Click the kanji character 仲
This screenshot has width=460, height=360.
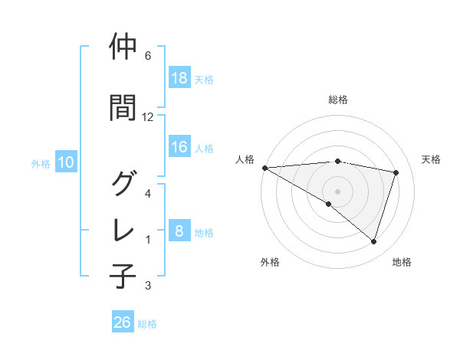point(124,47)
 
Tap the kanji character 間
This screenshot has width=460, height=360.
point(124,107)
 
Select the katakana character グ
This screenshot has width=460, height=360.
point(124,184)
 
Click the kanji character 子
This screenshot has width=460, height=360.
point(124,276)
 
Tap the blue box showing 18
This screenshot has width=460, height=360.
point(179,79)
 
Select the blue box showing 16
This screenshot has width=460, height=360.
point(179,148)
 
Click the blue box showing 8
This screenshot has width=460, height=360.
point(179,232)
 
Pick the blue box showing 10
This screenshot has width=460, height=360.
point(65,162)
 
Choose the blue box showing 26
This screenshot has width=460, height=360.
point(123,322)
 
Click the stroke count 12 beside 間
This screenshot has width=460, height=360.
point(147,117)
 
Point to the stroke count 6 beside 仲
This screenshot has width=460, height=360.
point(147,56)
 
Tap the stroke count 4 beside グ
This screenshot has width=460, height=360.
point(147,194)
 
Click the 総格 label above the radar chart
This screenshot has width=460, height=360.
point(338,100)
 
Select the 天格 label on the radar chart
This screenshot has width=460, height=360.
point(431,159)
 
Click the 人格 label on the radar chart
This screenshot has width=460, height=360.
point(245,159)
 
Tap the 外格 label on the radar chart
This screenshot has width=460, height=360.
point(270,262)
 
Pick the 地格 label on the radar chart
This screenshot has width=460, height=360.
point(402,262)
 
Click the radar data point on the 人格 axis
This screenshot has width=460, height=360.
point(264,167)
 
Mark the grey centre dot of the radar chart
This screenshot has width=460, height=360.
point(337,191)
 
